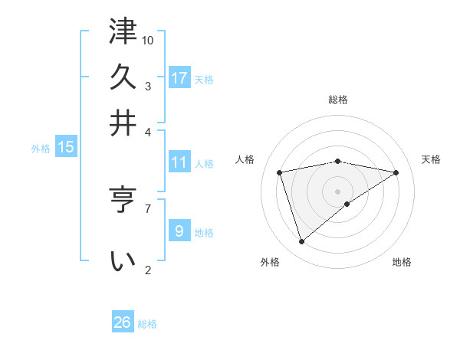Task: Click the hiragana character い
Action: pyautogui.click(x=123, y=261)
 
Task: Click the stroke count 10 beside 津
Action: pyautogui.click(x=148, y=40)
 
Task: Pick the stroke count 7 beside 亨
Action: pyautogui.click(x=148, y=207)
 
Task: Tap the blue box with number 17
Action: pyautogui.click(x=179, y=78)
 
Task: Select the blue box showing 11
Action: pyautogui.click(x=179, y=162)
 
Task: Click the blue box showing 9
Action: pyautogui.click(x=179, y=231)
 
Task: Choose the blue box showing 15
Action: pyautogui.click(x=66, y=147)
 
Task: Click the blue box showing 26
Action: pyautogui.click(x=122, y=322)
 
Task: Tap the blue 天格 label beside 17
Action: pyautogui.click(x=204, y=80)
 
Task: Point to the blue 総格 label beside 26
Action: pyautogui.click(x=147, y=324)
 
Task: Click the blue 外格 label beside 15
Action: pyautogui.click(x=41, y=149)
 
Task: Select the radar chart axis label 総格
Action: pyautogui.click(x=338, y=100)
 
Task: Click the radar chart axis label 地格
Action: pyautogui.click(x=402, y=263)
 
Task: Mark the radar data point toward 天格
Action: pyautogui.click(x=396, y=172)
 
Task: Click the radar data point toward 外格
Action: pyautogui.click(x=302, y=242)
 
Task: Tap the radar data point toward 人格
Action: pyautogui.click(x=280, y=172)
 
